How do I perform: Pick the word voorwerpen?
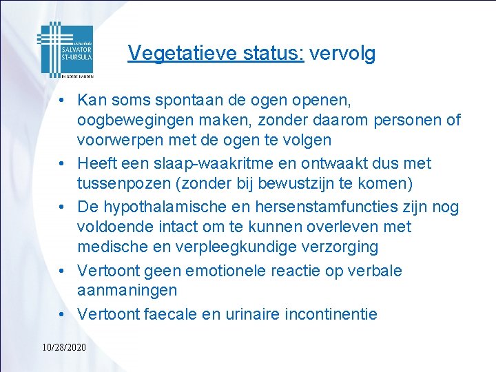[118, 141]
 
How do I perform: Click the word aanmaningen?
[127, 291]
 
